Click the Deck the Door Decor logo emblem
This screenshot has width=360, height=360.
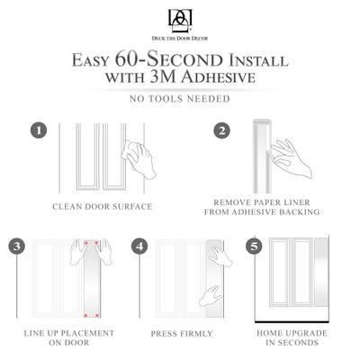pyautogui.click(x=179, y=19)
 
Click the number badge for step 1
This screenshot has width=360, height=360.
pyautogui.click(x=39, y=130)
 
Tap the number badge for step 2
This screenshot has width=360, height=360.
pyautogui.click(x=220, y=130)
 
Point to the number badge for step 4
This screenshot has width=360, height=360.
pyautogui.click(x=139, y=246)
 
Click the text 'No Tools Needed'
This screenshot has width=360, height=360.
pyautogui.click(x=179, y=98)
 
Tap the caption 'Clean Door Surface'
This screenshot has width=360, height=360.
pyautogui.click(x=101, y=206)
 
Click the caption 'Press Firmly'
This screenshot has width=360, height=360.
pyautogui.click(x=184, y=333)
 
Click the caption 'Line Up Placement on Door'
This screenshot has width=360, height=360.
pyautogui.click(x=69, y=337)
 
